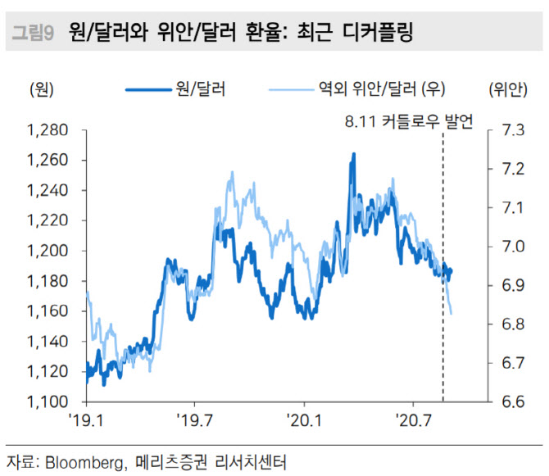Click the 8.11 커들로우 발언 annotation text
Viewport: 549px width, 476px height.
click(x=409, y=123)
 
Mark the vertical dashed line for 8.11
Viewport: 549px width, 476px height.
click(x=443, y=270)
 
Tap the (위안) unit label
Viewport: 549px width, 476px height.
click(x=510, y=88)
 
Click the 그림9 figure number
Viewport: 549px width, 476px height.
click(x=33, y=34)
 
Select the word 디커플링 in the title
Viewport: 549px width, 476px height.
click(x=377, y=34)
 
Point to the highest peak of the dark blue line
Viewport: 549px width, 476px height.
click(x=353, y=153)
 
